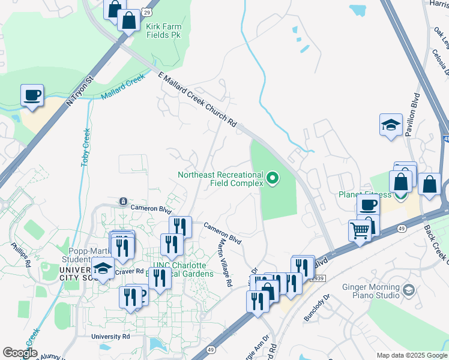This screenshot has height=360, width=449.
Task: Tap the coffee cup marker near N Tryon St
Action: coord(32,95)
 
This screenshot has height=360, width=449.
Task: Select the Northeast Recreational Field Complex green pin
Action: coord(273,178)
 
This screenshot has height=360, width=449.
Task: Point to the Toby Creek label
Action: coord(86,146)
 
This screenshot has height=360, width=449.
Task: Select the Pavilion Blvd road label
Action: coord(415,114)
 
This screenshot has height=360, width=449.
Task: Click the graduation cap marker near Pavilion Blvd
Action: coord(391,125)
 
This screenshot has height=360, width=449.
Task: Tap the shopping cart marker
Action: coord(360,230)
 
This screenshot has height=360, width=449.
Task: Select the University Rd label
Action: coord(111,337)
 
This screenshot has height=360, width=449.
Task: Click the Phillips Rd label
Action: coord(20,254)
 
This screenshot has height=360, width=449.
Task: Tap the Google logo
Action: coord(20,353)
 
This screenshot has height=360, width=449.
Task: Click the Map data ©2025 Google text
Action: coord(411,355)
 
